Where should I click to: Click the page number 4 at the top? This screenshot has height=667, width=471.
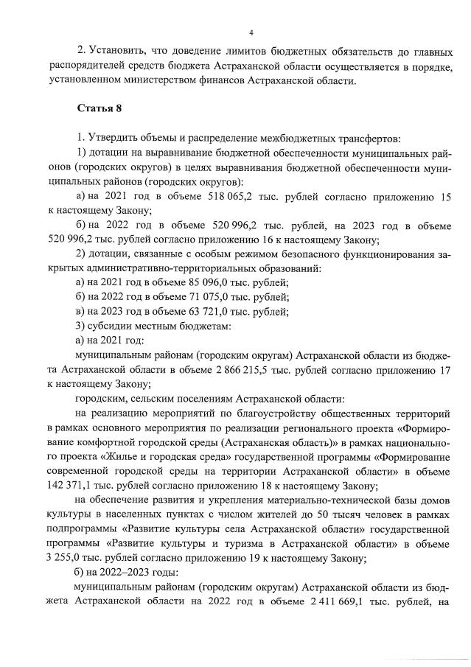pyautogui.click(x=251, y=32)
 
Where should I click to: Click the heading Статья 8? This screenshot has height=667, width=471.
pyautogui.click(x=100, y=108)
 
